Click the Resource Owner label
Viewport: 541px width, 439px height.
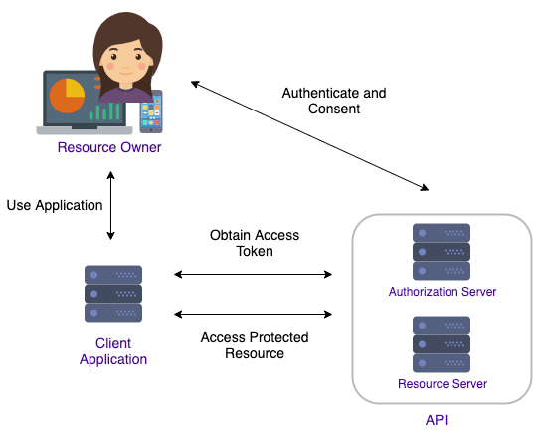109,148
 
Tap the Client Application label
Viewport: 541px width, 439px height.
113,351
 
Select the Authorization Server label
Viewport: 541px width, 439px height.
442,292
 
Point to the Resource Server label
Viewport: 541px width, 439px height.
442,383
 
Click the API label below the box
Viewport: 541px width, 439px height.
437,421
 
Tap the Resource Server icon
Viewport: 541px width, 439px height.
442,343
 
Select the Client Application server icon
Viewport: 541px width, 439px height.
113,294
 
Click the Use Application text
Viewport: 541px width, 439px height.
55,205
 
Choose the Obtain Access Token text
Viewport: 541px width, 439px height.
255,244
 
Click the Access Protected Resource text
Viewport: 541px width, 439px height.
256,345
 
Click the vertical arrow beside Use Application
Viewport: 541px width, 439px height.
111,206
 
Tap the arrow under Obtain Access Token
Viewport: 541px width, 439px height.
253,273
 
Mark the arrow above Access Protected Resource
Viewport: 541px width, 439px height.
253,315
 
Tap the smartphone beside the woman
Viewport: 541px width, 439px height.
150,111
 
